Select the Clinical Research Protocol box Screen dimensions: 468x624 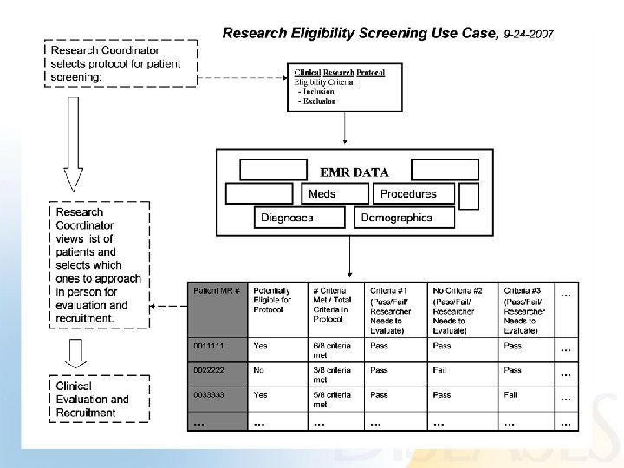pyautogui.click(x=345, y=87)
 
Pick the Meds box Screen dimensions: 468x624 pyautogui.click(x=322, y=194)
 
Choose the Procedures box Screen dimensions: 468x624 pyautogui.click(x=407, y=194)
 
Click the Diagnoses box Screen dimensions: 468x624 pyautogui.click(x=287, y=218)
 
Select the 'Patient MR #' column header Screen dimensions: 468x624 pyautogui.click(x=218, y=291)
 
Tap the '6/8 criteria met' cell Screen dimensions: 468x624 pyautogui.click(x=332, y=350)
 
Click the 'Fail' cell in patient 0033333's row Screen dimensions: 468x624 pyautogui.click(x=511, y=394)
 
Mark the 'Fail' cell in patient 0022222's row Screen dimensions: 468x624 pyautogui.click(x=440, y=370)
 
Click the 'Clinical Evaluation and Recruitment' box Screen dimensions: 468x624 pyautogui.click(x=97, y=399)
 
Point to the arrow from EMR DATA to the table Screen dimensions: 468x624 pyautogui.click(x=348, y=257)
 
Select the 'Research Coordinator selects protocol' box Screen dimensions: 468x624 pyautogui.click(x=121, y=63)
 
